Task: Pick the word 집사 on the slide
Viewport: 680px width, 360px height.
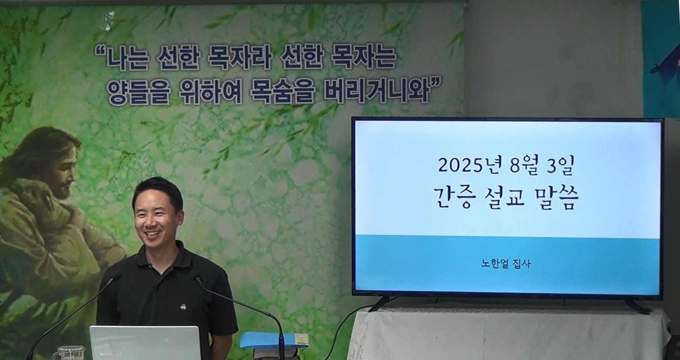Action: click(x=521, y=263)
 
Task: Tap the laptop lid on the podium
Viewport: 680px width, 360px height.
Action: click(x=145, y=343)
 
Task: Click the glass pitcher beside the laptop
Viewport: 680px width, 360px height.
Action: click(x=69, y=353)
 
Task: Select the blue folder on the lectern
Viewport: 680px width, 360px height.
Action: click(x=273, y=340)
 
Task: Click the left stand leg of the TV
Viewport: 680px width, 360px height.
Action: click(x=380, y=304)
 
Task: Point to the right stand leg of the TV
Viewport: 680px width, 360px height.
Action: click(x=637, y=306)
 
